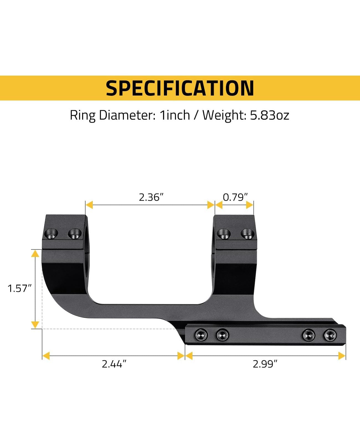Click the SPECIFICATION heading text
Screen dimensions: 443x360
click(x=180, y=88)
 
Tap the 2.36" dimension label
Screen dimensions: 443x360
click(x=151, y=197)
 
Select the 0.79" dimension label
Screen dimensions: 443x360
click(x=235, y=197)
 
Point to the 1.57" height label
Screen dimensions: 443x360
click(x=18, y=289)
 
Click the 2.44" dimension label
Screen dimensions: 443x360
click(x=114, y=364)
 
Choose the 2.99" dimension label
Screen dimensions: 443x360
click(x=265, y=364)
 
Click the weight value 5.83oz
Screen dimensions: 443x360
click(x=269, y=115)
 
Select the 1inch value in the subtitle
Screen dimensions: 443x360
click(x=175, y=115)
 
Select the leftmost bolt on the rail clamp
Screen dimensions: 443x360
click(x=201, y=335)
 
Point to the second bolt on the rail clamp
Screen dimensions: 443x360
click(x=222, y=335)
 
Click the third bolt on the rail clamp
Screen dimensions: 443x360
click(x=308, y=335)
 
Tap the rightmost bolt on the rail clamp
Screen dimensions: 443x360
click(x=330, y=335)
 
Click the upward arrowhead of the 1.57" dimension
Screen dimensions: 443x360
click(x=35, y=253)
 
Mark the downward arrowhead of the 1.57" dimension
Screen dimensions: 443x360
click(x=35, y=325)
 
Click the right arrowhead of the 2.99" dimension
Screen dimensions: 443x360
click(x=342, y=356)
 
